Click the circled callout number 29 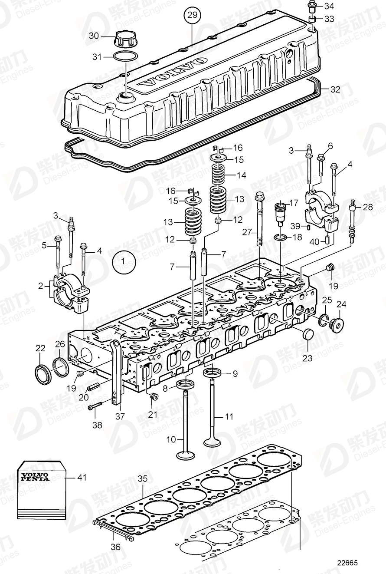(192, 15)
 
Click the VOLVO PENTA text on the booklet (33, 476)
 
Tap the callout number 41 (82, 478)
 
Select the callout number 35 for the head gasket (143, 478)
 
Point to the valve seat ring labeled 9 (214, 373)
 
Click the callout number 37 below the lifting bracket (120, 416)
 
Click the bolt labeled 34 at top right (312, 7)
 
